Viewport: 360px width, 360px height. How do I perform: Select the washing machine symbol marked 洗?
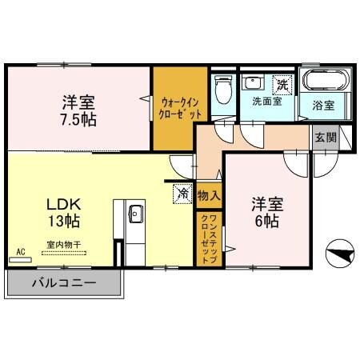(x=282, y=82)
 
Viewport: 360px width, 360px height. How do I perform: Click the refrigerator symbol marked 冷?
(x=182, y=193)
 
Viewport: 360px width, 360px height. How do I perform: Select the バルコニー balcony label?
(x=64, y=284)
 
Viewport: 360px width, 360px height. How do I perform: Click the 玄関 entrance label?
(x=325, y=137)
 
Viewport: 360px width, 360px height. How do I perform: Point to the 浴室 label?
(x=322, y=106)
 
